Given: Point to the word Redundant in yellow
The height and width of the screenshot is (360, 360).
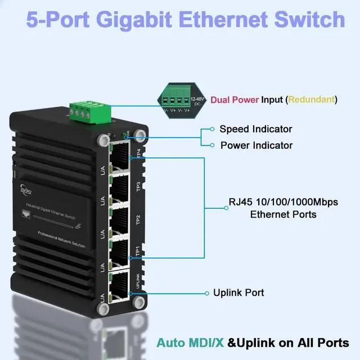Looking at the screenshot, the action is coord(312,100).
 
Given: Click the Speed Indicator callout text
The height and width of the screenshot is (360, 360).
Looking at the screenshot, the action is coord(256,129).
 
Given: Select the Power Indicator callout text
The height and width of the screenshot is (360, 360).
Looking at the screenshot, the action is coord(256,145).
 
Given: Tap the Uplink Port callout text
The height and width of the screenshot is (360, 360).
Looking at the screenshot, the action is coord(238,292).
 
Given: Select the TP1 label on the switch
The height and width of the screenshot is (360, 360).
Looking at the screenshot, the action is coord(138,251).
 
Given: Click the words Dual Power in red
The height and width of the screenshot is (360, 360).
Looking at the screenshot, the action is coord(234,100).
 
